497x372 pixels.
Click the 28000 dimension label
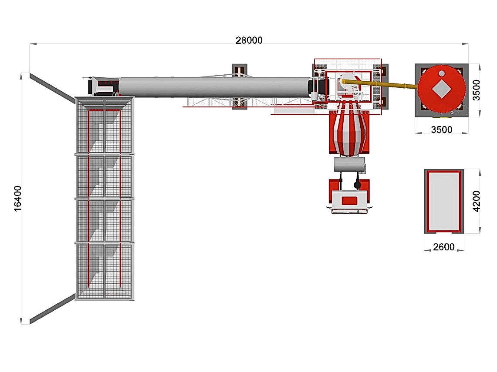249,40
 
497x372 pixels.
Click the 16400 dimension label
18,198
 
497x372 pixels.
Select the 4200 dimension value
477,201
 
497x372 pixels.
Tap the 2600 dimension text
444,247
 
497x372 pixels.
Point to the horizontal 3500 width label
442,130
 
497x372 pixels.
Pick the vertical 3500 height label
477,90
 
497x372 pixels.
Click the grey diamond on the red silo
442,89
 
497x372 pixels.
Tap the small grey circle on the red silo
442,73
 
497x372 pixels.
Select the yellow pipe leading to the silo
380,84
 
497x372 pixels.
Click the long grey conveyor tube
214,86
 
